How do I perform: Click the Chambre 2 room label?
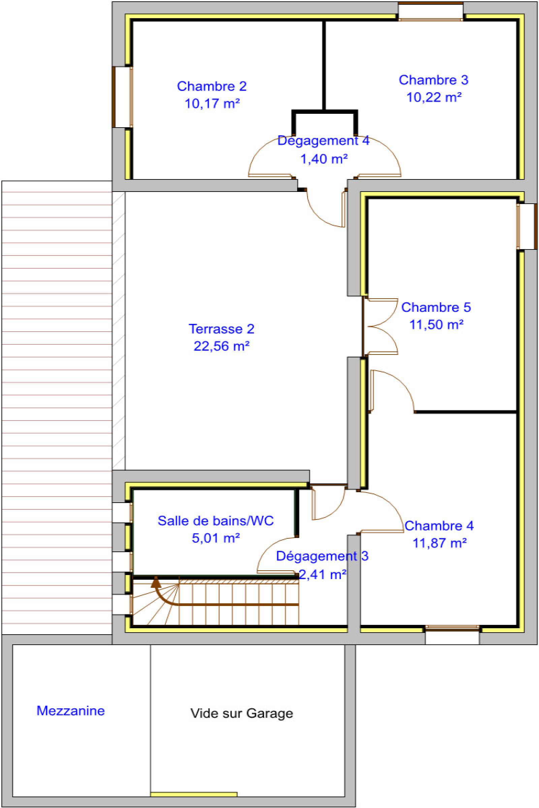pos(212,86)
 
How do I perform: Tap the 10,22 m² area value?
pos(434,98)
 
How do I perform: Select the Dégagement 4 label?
pos(323,141)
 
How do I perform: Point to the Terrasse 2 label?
pos(221,329)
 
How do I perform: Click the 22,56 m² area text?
pos(221,346)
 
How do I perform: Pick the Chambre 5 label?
pos(436,307)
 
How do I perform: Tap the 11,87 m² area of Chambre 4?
pos(439,543)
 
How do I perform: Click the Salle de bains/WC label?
pos(216,521)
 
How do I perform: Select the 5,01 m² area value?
pos(216,538)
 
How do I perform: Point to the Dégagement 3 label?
pos(322,556)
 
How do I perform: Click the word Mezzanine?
pos(70,711)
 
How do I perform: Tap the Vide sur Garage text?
pos(242,713)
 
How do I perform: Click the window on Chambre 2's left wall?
pos(122,97)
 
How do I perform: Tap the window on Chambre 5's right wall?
pos(527,226)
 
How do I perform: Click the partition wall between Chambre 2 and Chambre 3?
pos(324,65)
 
